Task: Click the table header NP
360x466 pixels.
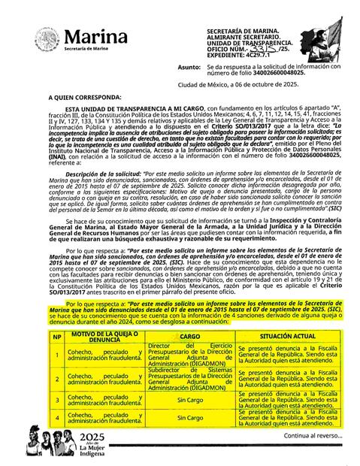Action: [57, 336]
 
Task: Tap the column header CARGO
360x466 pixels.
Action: [190, 336]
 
